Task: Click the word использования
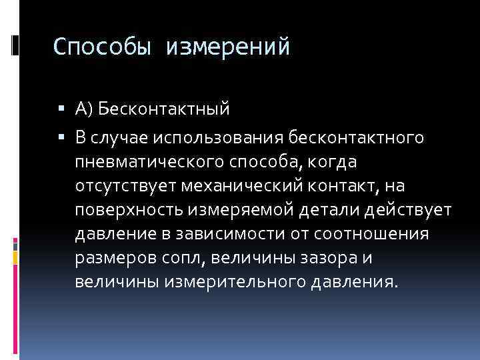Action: (228, 137)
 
